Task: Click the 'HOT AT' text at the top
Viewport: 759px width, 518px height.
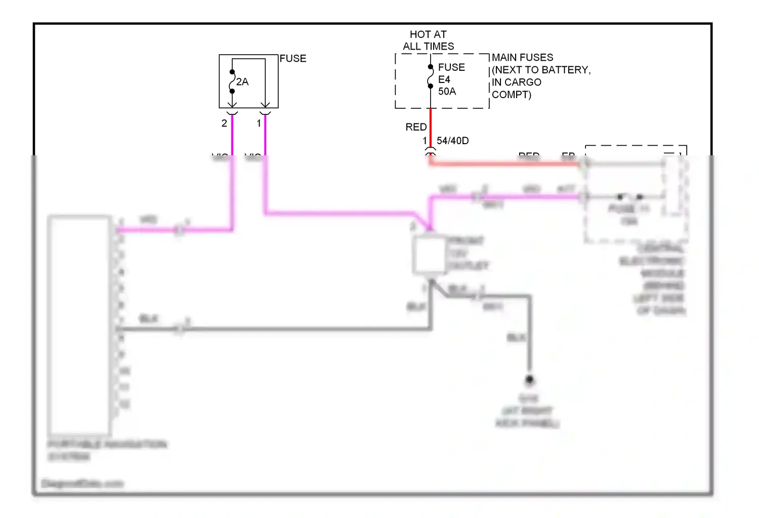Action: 428,34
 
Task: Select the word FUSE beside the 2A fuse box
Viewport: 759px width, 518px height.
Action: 293,59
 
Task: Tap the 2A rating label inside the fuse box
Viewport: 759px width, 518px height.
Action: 242,82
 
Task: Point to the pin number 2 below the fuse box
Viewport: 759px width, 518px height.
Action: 224,123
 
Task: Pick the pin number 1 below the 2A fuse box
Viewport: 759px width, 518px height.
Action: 259,123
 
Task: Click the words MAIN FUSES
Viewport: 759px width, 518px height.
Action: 522,58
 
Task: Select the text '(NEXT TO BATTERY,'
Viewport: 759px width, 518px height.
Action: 541,70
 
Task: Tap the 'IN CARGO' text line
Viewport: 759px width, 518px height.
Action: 516,82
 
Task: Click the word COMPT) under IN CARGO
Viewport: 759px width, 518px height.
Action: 511,95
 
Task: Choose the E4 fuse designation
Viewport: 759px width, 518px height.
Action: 444,79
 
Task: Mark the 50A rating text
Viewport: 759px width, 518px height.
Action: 447,92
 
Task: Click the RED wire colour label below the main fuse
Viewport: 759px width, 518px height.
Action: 416,127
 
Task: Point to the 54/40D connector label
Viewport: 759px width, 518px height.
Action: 452,141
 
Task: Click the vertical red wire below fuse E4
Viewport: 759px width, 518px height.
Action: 431,126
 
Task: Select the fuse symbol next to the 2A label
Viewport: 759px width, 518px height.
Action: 232,81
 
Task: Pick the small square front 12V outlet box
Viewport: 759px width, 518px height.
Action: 429,255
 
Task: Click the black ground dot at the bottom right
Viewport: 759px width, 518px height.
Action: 529,379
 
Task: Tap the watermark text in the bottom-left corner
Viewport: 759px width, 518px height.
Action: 82,484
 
